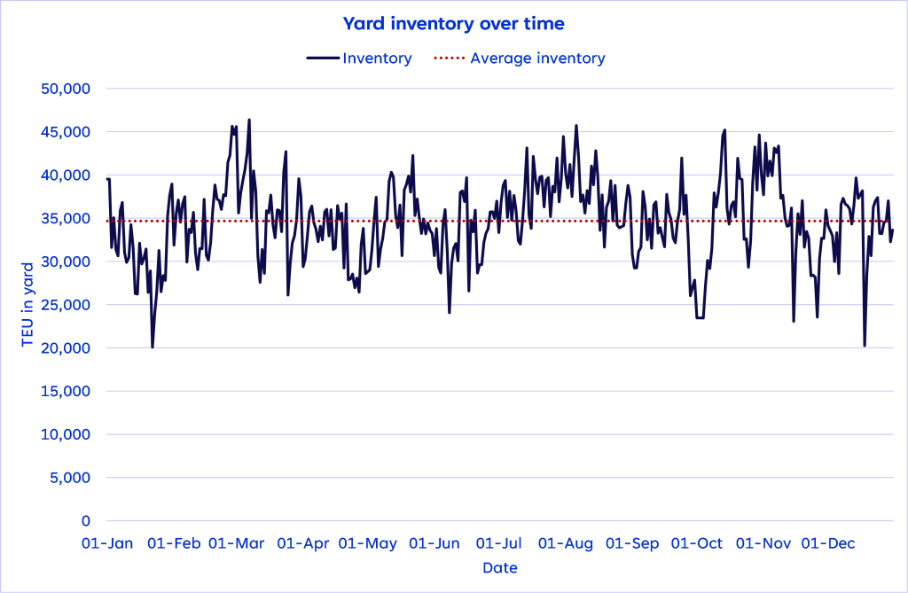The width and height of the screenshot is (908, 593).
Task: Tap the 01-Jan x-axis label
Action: coord(107,543)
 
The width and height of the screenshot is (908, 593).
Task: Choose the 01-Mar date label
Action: coord(237,543)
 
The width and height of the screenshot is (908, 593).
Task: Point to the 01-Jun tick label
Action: coord(434,543)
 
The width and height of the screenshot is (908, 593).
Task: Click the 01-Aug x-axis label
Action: coord(566,543)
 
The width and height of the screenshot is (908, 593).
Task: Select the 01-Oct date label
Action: coord(697,543)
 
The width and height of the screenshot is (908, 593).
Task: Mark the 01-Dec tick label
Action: coord(827,543)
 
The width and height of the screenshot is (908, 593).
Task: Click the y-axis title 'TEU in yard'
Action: coord(27,304)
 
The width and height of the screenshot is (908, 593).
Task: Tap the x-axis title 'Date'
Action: coord(500,568)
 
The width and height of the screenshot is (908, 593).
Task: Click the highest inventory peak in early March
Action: coord(249,120)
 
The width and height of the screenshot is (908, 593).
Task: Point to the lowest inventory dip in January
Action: coord(153,347)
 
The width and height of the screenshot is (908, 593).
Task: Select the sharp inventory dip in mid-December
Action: coord(864,345)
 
